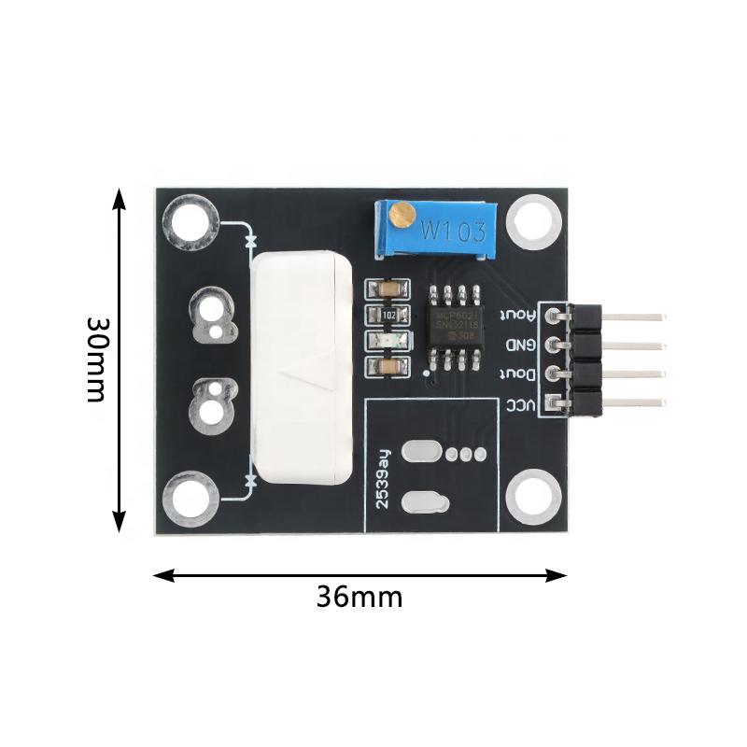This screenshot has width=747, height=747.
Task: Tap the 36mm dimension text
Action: [359, 597]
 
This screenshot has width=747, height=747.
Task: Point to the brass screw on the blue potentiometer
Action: [402, 217]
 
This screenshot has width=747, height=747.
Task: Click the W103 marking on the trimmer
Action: [451, 229]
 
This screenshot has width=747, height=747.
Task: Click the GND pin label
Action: [519, 345]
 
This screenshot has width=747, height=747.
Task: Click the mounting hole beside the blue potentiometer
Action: [534, 220]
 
